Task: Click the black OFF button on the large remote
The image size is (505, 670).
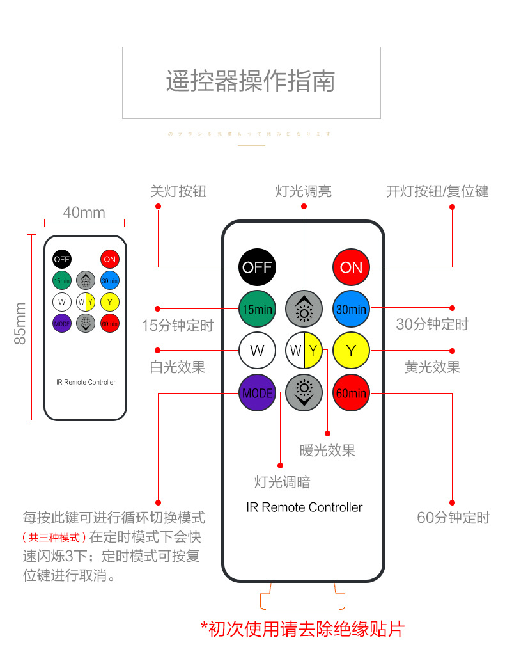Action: tap(257, 267)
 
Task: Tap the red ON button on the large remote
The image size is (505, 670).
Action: tap(351, 267)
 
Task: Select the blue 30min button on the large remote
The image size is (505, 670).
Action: tap(351, 309)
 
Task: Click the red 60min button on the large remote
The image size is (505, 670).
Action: tap(351, 393)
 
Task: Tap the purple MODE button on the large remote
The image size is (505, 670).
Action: tap(257, 393)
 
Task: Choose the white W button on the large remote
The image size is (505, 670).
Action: tap(257, 351)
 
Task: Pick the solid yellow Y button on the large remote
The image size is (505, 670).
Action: tap(351, 351)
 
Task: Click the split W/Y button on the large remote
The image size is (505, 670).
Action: tap(304, 351)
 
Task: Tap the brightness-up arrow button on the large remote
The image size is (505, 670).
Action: tap(304, 309)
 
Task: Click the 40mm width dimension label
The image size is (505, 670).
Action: tap(84, 212)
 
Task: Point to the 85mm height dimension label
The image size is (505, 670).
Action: tap(20, 324)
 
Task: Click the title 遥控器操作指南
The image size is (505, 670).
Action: tap(251, 82)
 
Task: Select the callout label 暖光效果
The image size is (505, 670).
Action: tap(327, 451)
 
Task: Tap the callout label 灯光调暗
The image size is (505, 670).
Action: tap(282, 482)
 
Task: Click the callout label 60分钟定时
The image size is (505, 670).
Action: tap(453, 518)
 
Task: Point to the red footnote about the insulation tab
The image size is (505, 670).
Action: tap(302, 628)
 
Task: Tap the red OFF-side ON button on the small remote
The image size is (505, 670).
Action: tap(109, 259)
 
